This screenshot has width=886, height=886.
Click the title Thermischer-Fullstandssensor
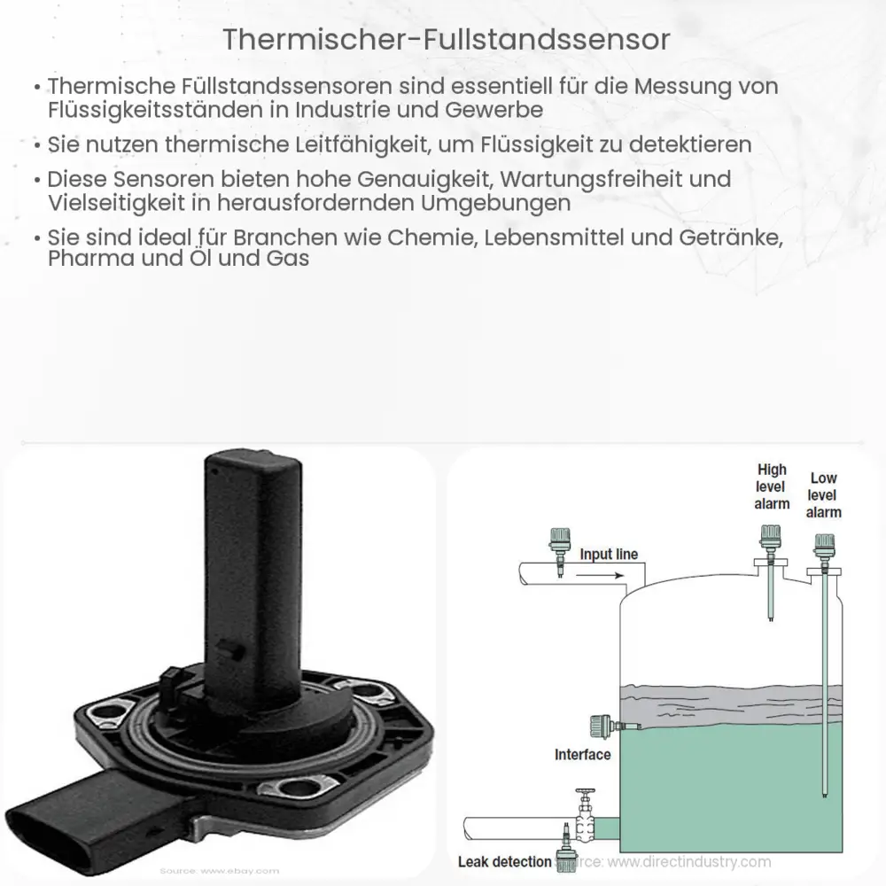point(442,40)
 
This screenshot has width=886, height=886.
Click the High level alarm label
point(772,486)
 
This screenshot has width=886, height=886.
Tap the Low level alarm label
point(824,495)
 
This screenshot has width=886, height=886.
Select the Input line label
point(608,555)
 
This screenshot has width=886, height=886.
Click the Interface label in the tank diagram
point(582,755)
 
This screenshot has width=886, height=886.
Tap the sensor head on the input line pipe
point(559,539)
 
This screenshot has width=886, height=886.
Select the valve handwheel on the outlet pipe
point(584,796)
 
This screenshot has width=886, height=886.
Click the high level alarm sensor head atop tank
point(771,537)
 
